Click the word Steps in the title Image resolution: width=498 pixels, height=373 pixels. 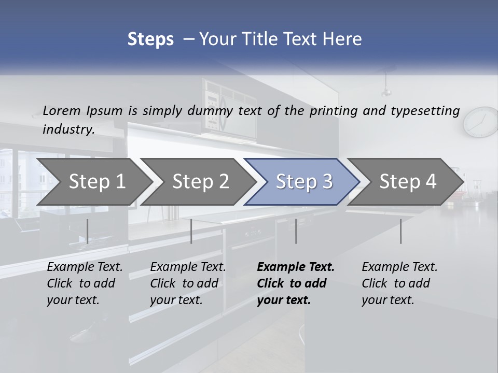(150, 39)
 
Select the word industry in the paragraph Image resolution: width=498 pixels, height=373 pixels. (68, 130)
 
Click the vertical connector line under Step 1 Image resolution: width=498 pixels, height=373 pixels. (88, 231)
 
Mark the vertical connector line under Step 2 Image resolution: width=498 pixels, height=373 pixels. (191, 231)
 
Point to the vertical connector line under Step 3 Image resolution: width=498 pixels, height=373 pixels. (296, 231)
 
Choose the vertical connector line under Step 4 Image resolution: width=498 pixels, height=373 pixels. (400, 231)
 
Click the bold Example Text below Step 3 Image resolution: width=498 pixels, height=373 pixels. (296, 267)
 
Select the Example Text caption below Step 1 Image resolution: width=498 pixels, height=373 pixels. (85, 267)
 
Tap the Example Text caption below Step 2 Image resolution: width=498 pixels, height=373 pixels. (188, 267)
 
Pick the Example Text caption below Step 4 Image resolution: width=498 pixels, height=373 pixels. (399, 267)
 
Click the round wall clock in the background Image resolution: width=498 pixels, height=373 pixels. (481, 122)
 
